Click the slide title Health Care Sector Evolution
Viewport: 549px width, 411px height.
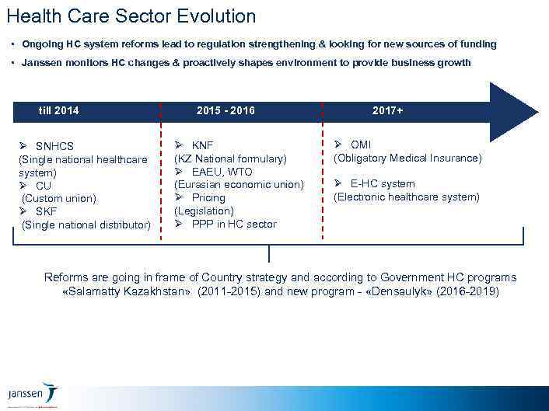131,16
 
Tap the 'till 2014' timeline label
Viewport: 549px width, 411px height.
58,110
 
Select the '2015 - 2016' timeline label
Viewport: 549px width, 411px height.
226,110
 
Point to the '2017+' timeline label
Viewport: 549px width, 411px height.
387,110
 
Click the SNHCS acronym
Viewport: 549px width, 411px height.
54,146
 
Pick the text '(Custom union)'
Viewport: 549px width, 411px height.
59,198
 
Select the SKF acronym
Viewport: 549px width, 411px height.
47,211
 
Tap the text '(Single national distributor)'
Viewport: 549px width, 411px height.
86,225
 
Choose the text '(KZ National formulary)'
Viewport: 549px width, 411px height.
230,158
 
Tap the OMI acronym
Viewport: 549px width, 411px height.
361,145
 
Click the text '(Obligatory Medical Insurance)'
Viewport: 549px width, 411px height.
407,158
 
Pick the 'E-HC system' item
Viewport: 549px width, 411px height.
382,184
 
